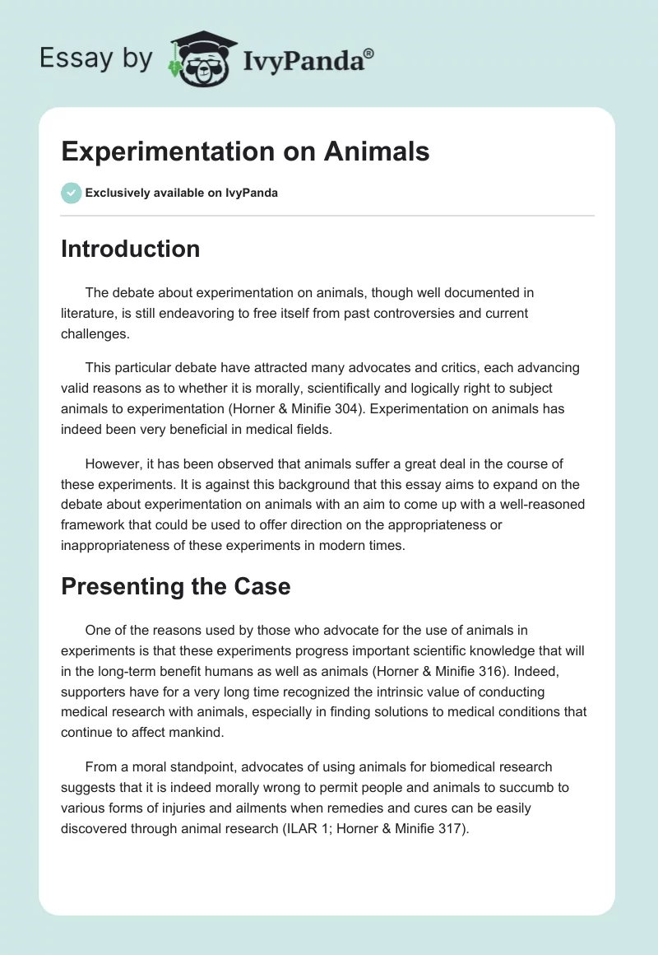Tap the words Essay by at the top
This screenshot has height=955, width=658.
tap(95, 58)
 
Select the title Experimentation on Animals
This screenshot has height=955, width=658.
tap(245, 151)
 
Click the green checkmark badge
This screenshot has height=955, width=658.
tap(71, 193)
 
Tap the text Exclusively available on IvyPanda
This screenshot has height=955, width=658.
tap(181, 193)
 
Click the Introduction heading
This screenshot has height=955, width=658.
tap(130, 249)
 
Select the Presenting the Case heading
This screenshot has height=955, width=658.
tap(175, 586)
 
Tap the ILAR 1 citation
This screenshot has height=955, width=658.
tap(317, 829)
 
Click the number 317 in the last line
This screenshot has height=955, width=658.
tap(450, 829)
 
